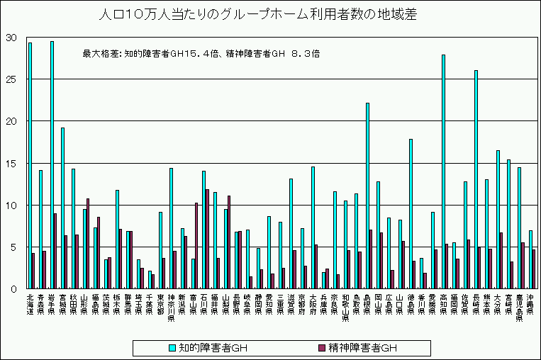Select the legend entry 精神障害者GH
point(354,348)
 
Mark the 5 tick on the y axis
point(12,247)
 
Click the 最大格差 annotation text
point(201,52)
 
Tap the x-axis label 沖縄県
point(530,305)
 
